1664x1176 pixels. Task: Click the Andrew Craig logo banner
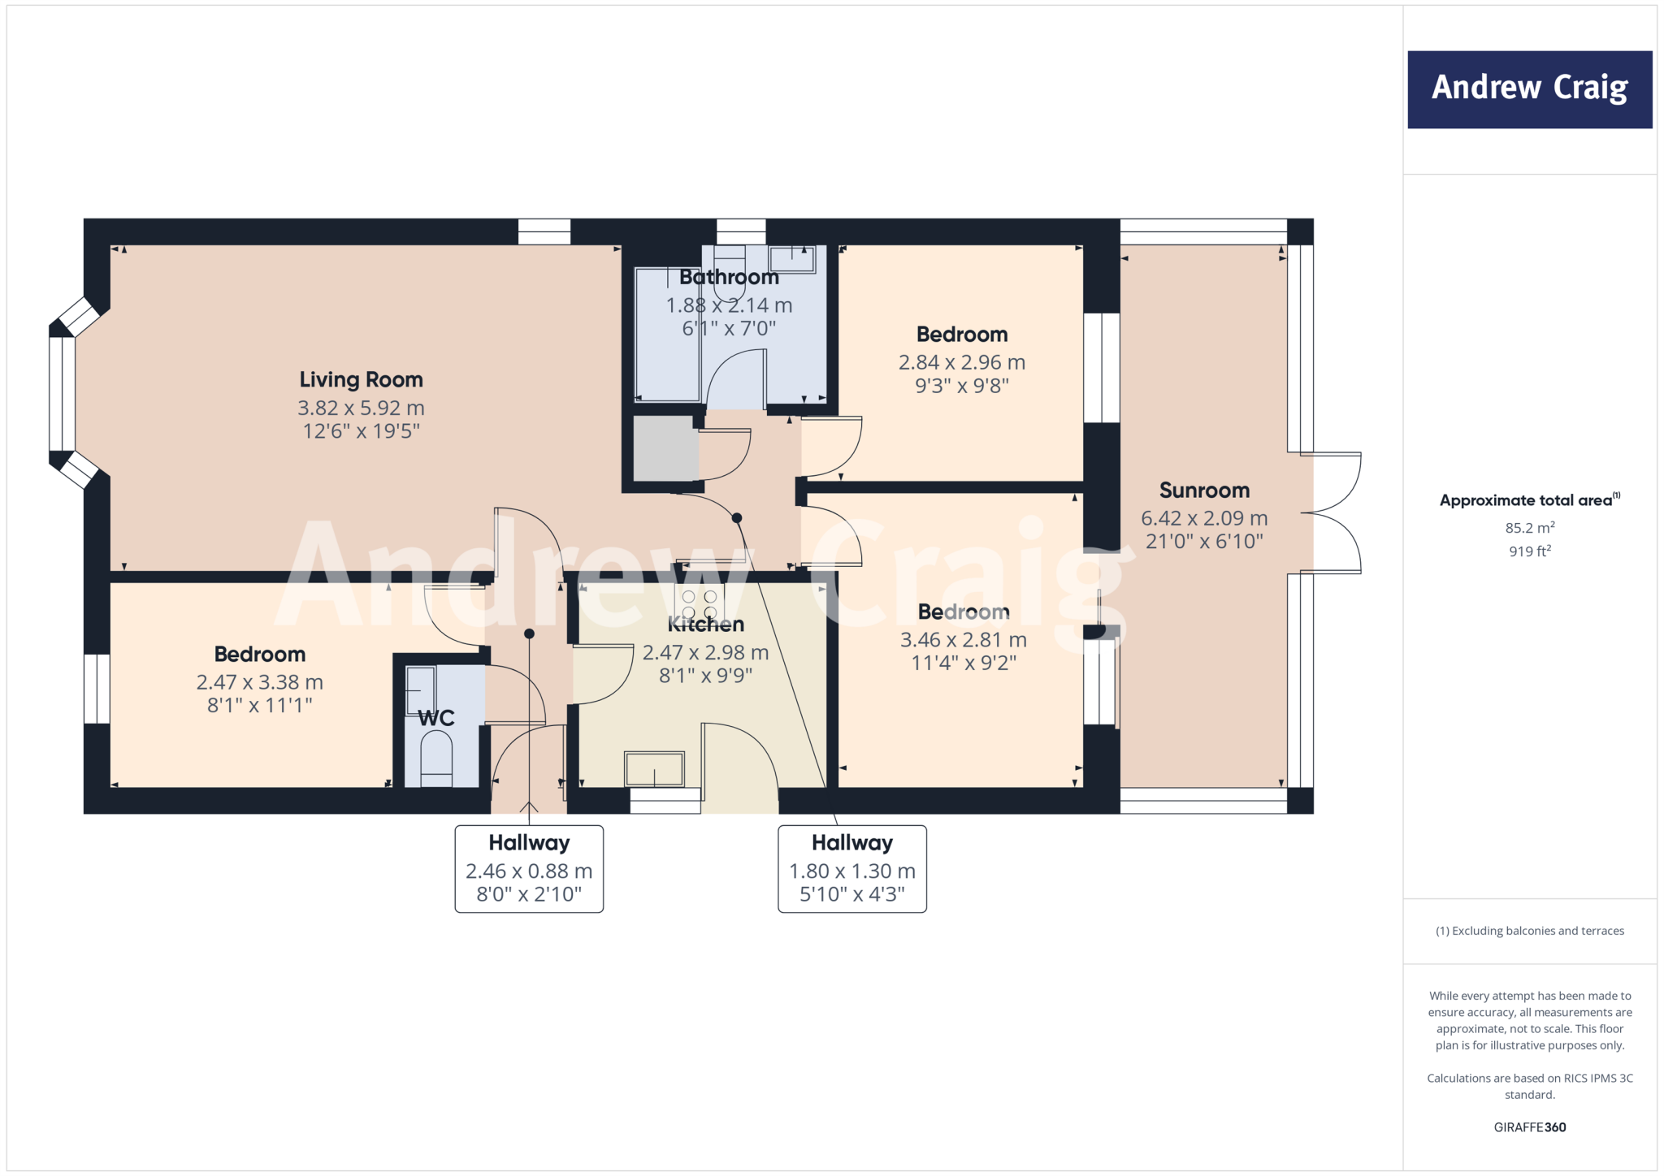[x=1529, y=89]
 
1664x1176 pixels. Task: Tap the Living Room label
[x=361, y=380]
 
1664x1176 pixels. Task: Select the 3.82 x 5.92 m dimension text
[x=361, y=408]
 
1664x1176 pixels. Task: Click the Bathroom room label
[x=729, y=278]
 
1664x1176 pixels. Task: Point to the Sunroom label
[x=1204, y=491]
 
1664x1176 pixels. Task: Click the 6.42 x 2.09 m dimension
[x=1204, y=518]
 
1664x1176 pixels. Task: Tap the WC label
[x=436, y=718]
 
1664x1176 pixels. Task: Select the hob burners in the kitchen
[x=700, y=604]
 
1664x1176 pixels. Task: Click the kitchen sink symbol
[x=654, y=768]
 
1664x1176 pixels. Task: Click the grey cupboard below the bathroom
[x=665, y=448]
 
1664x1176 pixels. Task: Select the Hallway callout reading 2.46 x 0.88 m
[x=529, y=869]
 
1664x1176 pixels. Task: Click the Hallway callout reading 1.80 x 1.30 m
[x=852, y=869]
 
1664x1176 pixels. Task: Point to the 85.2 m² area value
[x=1529, y=528]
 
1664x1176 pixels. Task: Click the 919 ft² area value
[x=1529, y=551]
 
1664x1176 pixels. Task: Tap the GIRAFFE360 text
[x=1529, y=1127]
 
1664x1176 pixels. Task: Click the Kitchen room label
[x=705, y=625]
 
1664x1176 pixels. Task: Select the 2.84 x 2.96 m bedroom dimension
[x=962, y=362]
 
